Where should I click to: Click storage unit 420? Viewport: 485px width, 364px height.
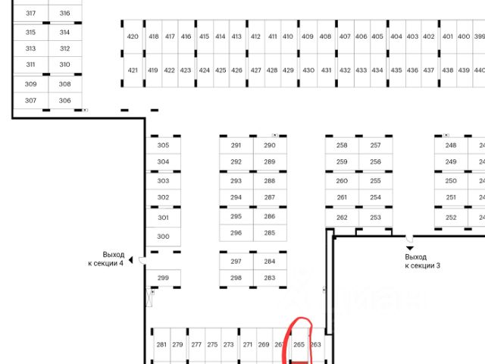(x=133, y=36)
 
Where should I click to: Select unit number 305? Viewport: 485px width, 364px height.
(x=163, y=145)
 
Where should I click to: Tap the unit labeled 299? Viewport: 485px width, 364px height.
(x=163, y=278)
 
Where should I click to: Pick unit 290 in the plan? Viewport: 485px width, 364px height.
(x=270, y=145)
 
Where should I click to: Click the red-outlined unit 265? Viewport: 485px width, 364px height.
(x=299, y=345)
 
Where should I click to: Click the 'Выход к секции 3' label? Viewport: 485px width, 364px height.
(x=422, y=262)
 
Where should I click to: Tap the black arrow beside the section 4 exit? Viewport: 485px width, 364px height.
(x=130, y=260)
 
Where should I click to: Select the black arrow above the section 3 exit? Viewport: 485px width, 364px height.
(x=410, y=247)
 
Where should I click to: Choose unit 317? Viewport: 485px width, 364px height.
(x=31, y=14)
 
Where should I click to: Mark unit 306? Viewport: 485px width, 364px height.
(x=64, y=101)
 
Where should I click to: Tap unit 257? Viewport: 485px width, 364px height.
(x=375, y=145)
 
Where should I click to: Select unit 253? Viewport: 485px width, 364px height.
(x=375, y=218)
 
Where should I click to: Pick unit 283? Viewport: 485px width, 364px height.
(x=270, y=278)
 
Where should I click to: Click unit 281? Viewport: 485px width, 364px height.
(x=161, y=345)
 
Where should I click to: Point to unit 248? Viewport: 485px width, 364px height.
(x=451, y=145)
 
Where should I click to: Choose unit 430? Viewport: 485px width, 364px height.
(x=308, y=71)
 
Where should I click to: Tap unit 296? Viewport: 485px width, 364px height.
(x=236, y=233)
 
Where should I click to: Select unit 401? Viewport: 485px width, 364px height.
(x=447, y=36)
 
